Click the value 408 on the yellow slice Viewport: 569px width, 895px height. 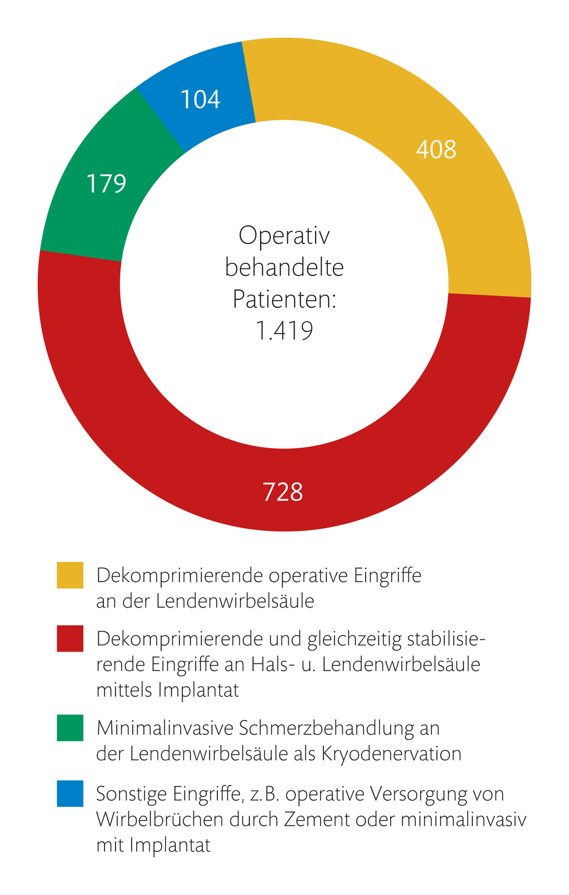click(x=436, y=150)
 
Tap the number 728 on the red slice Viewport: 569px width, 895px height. click(x=283, y=493)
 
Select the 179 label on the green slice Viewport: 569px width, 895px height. click(x=106, y=183)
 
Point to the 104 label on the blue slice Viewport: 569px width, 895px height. click(x=201, y=100)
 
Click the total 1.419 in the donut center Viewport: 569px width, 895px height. click(x=284, y=331)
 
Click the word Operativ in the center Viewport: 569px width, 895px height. click(x=284, y=236)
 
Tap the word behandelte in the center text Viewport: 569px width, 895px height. click(x=284, y=267)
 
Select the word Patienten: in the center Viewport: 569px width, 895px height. click(x=284, y=300)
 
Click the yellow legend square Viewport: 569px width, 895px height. click(x=70, y=575)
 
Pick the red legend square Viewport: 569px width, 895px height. click(x=70, y=638)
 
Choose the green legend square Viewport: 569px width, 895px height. click(x=70, y=728)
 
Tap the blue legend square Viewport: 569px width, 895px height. click(x=70, y=793)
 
